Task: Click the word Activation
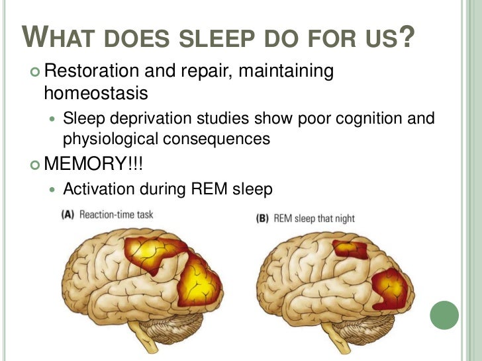pyautogui.click(x=98, y=190)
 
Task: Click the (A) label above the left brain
pyautogui.click(x=68, y=214)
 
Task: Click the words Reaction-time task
pyautogui.click(x=117, y=214)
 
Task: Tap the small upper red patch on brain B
pyautogui.click(x=350, y=250)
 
